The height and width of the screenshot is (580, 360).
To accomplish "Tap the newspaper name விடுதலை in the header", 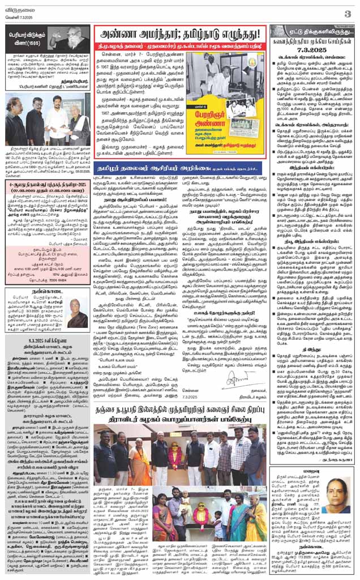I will (19, 9).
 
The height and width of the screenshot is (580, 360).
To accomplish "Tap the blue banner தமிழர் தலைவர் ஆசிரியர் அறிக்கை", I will (179, 168).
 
